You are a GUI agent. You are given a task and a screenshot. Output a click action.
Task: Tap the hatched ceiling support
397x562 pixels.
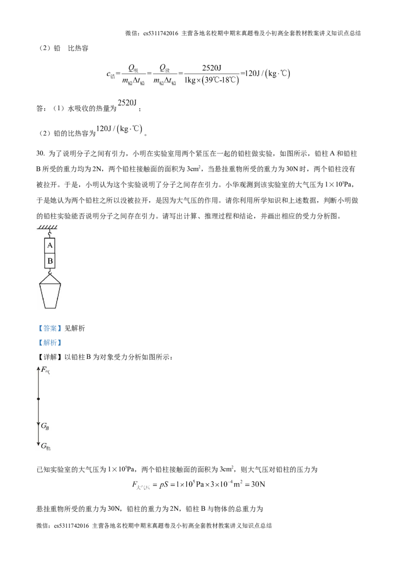click(x=48, y=227)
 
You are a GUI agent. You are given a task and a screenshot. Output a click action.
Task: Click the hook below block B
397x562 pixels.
click(x=49, y=272)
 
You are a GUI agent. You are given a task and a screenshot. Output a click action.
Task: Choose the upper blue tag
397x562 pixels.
click(x=50, y=328)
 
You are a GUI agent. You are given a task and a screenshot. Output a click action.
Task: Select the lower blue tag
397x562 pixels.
click(x=50, y=343)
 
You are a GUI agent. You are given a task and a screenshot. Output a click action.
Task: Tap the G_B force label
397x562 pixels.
click(x=45, y=426)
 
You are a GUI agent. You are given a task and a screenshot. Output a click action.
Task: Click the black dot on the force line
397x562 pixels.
click(x=38, y=399)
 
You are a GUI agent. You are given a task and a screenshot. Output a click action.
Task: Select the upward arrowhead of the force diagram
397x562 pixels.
click(x=38, y=369)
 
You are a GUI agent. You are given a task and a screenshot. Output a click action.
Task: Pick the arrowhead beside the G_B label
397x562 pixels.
click(x=38, y=424)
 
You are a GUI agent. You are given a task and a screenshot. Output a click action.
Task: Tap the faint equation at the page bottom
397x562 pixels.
click(x=198, y=484)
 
